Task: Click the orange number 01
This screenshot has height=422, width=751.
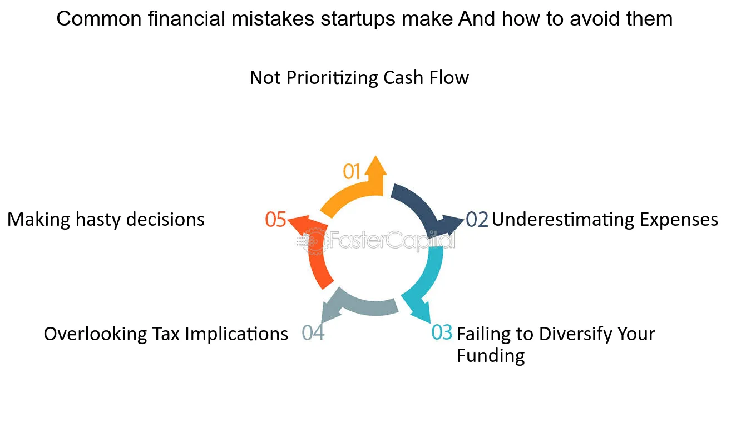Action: click(351, 171)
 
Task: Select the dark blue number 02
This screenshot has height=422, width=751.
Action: click(477, 220)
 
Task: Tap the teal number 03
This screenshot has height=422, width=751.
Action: click(442, 332)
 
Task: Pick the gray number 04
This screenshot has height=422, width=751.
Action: click(313, 333)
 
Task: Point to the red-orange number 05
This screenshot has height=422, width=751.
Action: click(275, 220)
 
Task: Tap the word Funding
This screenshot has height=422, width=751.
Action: click(491, 356)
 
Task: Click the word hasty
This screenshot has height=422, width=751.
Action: click(98, 220)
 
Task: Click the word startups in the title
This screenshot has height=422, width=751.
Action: click(358, 19)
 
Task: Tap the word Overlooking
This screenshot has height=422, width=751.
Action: click(95, 335)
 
